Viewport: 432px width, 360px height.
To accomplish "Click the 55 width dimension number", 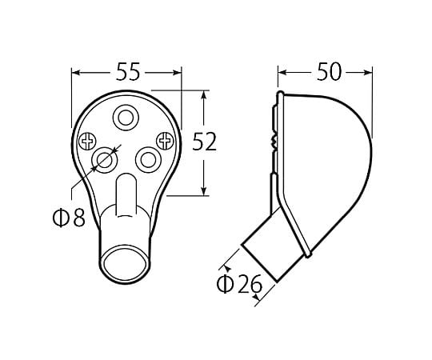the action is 128,72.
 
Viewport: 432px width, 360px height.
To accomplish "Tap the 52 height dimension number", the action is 204,142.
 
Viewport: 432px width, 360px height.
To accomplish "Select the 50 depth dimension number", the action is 329,72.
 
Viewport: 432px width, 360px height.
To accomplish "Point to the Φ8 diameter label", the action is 69,217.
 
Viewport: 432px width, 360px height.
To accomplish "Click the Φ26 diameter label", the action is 239,284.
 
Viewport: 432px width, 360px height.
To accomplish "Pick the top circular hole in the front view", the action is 126,118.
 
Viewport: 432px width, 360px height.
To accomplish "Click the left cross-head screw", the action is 87,142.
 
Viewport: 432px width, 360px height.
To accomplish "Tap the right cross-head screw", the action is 166,141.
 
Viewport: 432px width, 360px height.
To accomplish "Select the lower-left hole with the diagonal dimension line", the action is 105,160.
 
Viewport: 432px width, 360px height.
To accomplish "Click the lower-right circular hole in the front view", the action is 148,160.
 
